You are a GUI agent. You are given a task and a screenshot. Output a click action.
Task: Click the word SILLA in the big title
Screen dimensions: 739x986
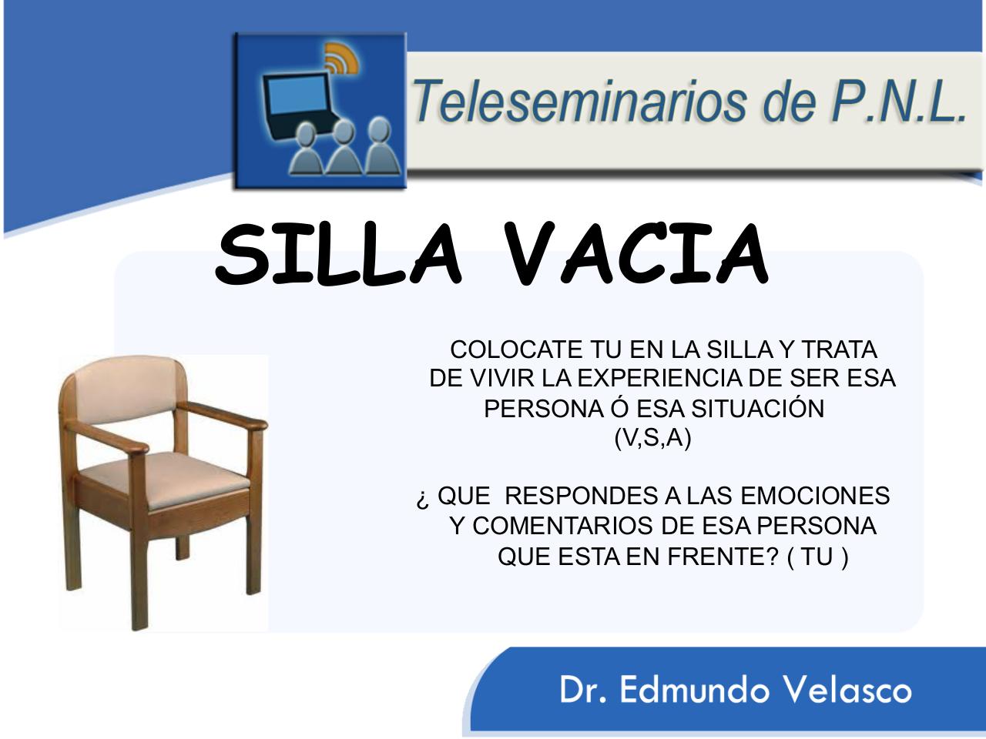click(x=339, y=255)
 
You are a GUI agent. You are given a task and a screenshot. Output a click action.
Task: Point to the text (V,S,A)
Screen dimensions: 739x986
click(x=652, y=439)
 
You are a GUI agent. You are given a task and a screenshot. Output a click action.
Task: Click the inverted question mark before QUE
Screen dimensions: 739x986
click(x=421, y=500)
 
